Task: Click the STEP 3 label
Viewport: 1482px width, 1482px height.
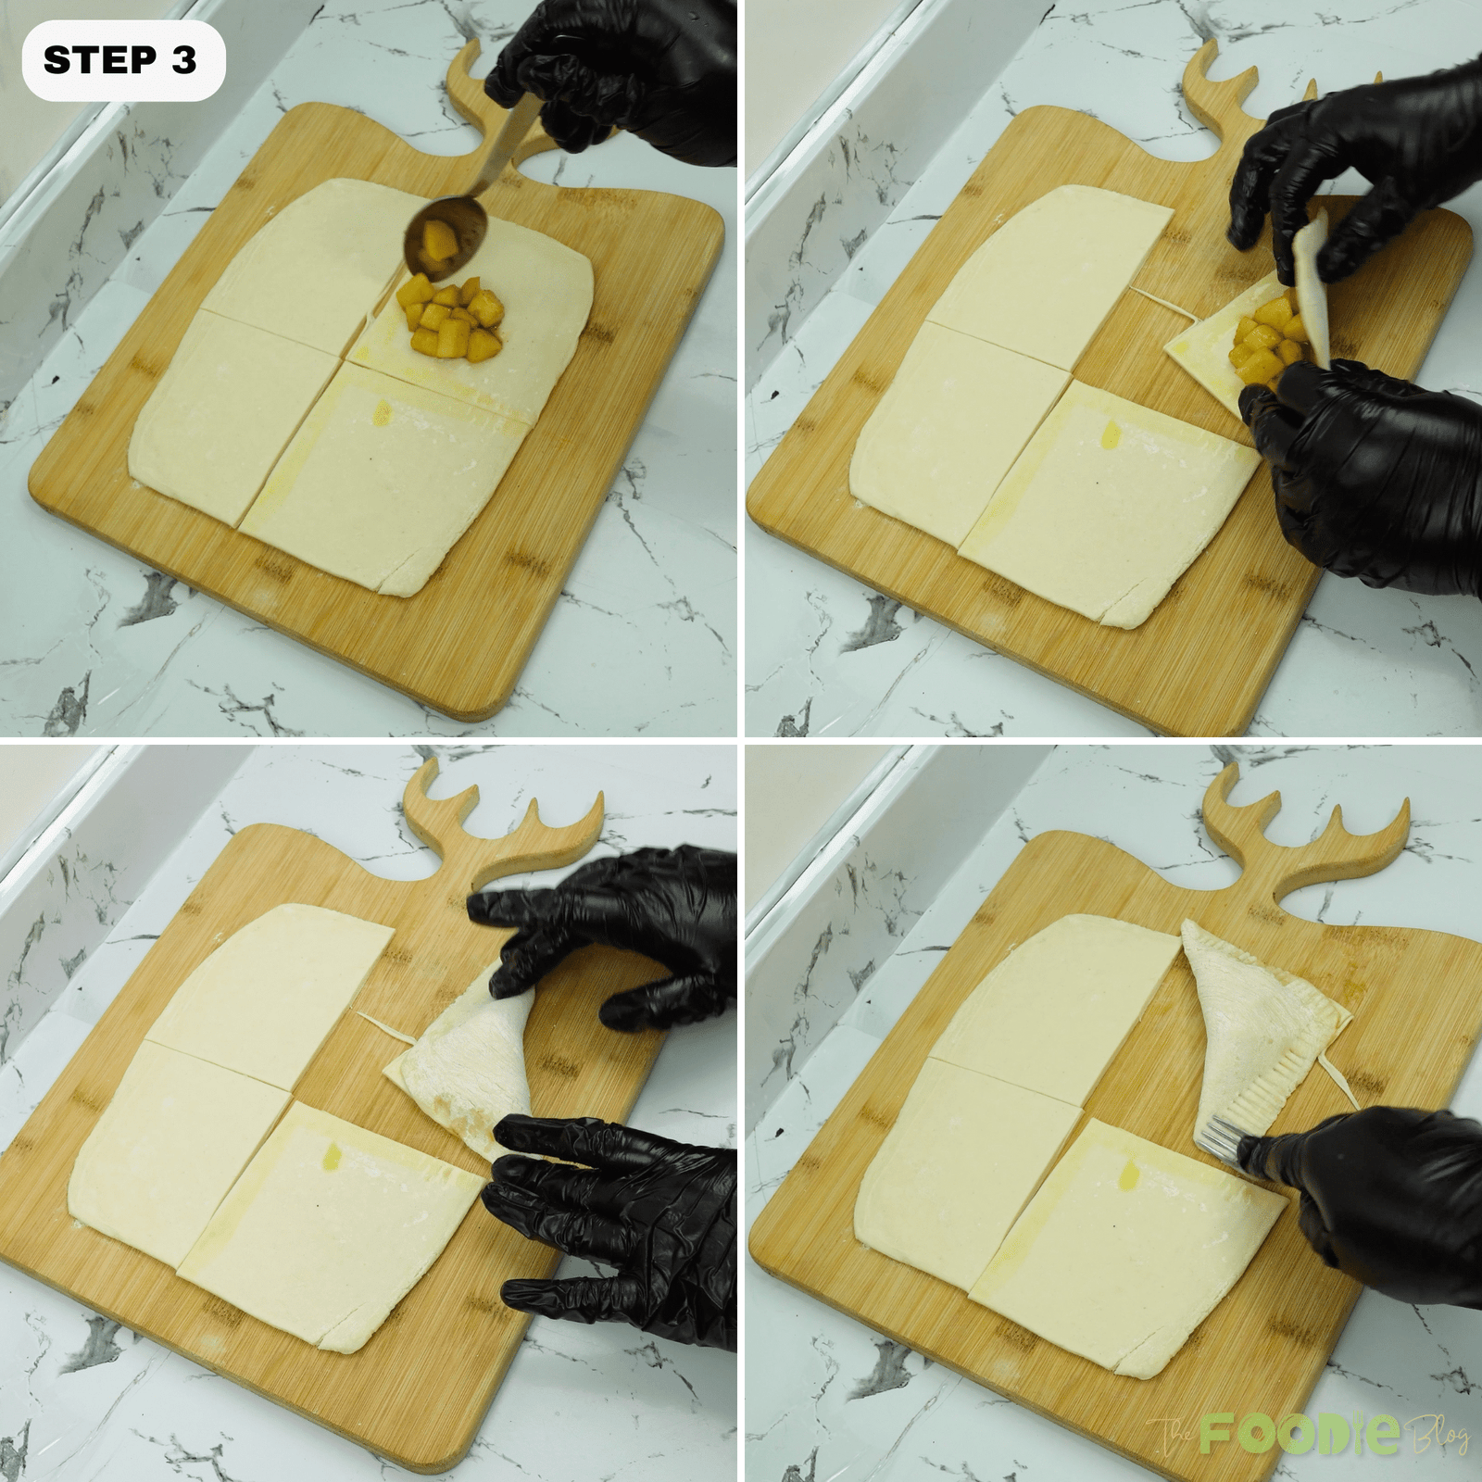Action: [120, 60]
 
